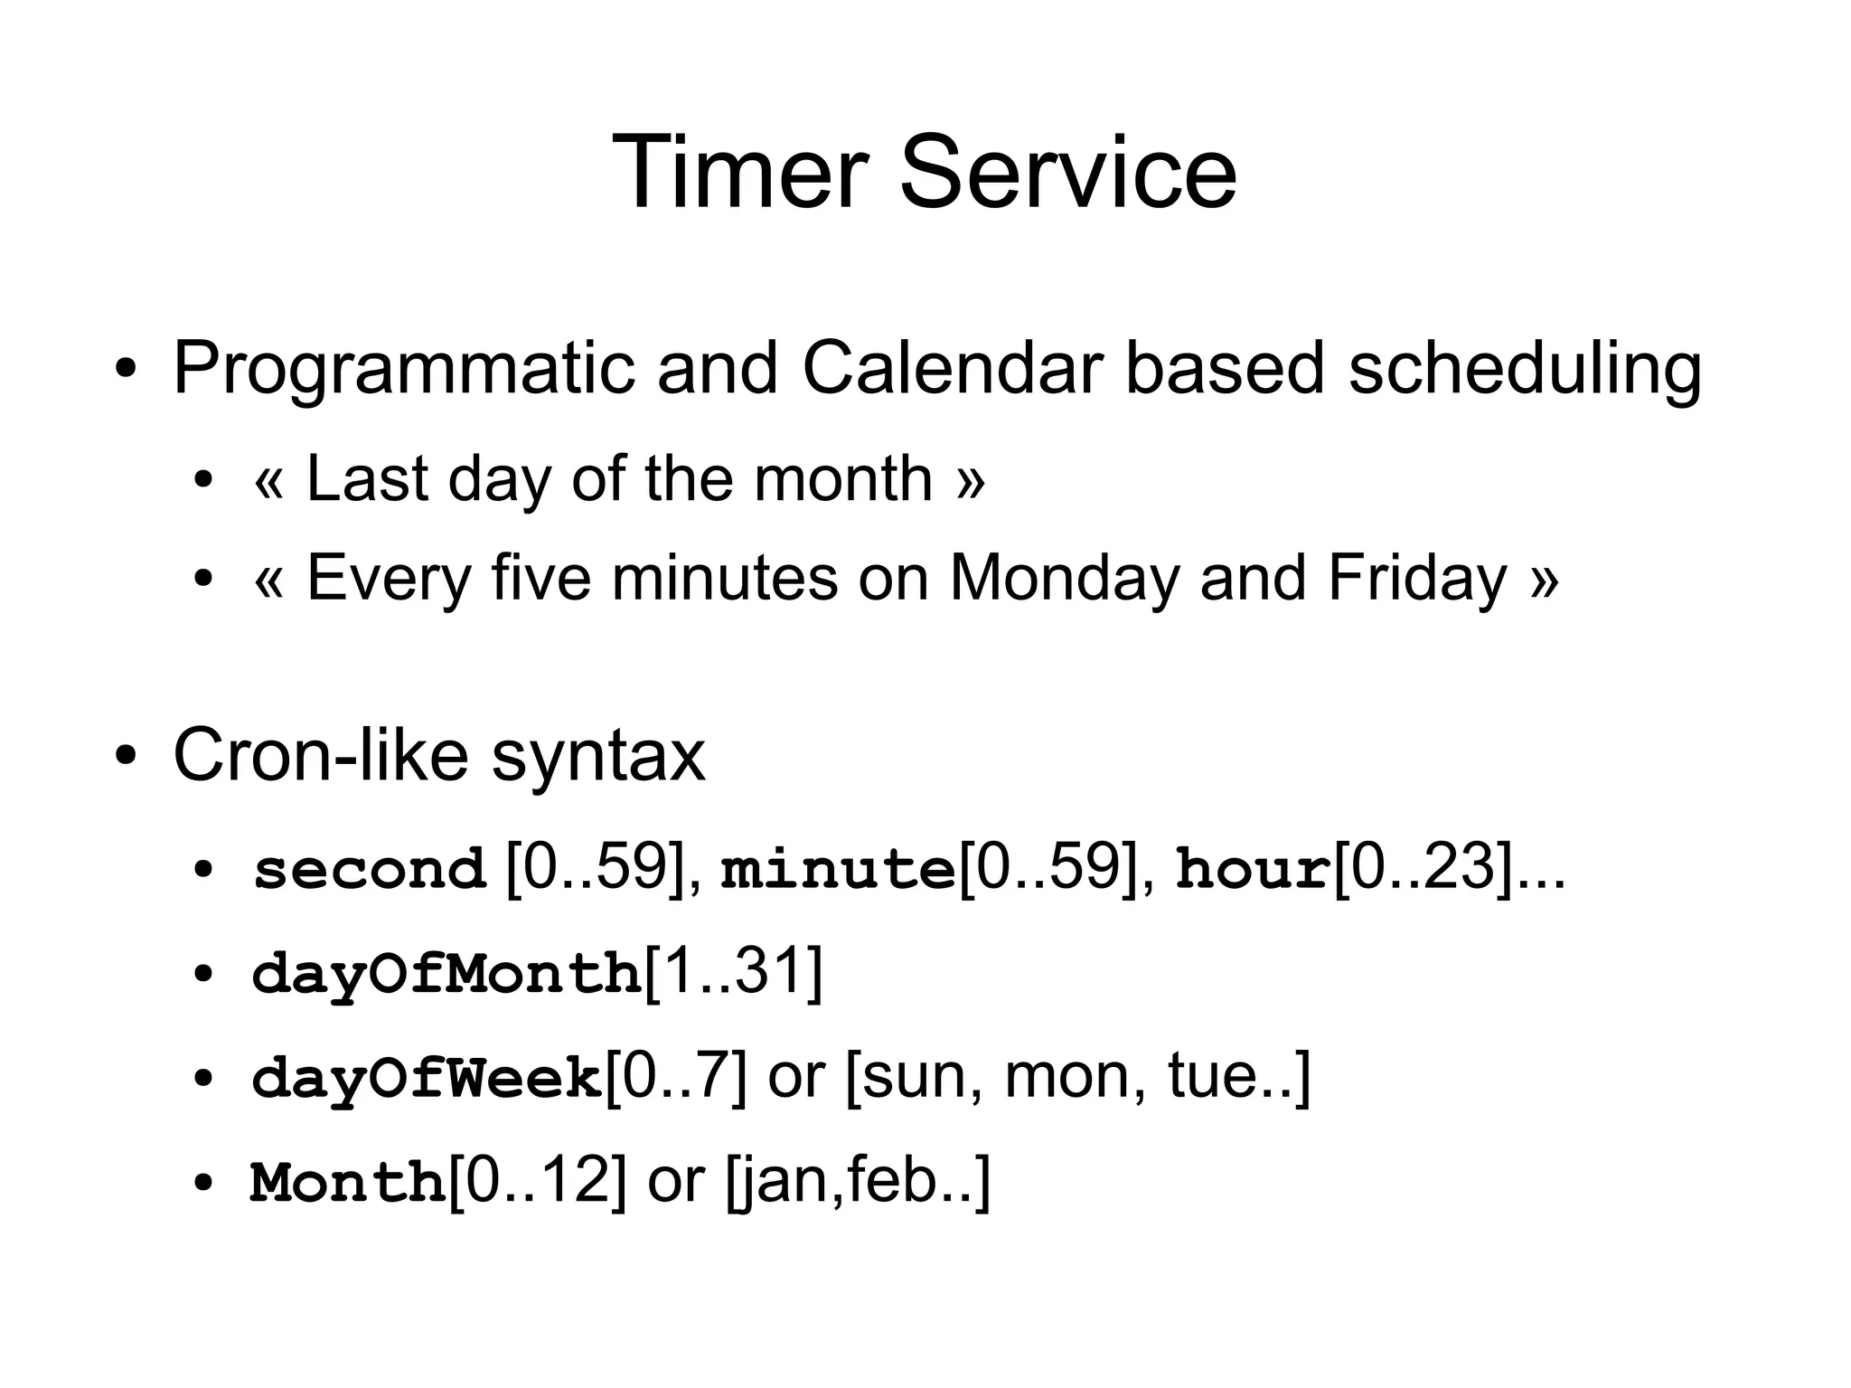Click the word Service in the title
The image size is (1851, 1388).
(1067, 172)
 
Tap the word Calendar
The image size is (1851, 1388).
(953, 369)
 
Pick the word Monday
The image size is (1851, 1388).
(1065, 579)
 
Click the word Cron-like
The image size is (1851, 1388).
(320, 756)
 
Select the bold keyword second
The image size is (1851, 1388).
(369, 870)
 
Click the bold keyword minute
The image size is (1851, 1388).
(837, 870)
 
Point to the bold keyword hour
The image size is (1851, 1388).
(1254, 870)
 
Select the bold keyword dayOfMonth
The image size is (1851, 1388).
(446, 975)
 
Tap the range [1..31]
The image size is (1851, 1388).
(733, 973)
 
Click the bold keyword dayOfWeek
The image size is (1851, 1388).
(427, 1079)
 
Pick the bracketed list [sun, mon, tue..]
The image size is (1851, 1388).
(1077, 1078)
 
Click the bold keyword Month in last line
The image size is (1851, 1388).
(349, 1183)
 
